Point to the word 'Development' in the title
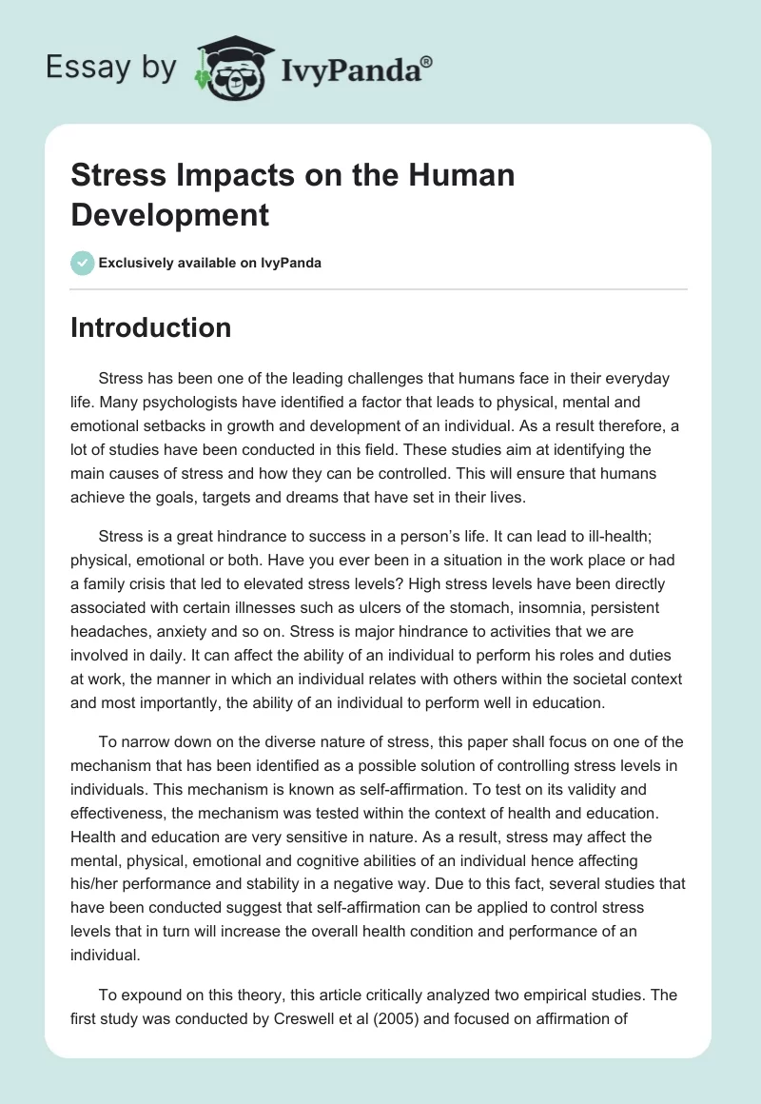click(x=170, y=214)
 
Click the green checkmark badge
click(x=83, y=263)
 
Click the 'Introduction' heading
click(x=151, y=327)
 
